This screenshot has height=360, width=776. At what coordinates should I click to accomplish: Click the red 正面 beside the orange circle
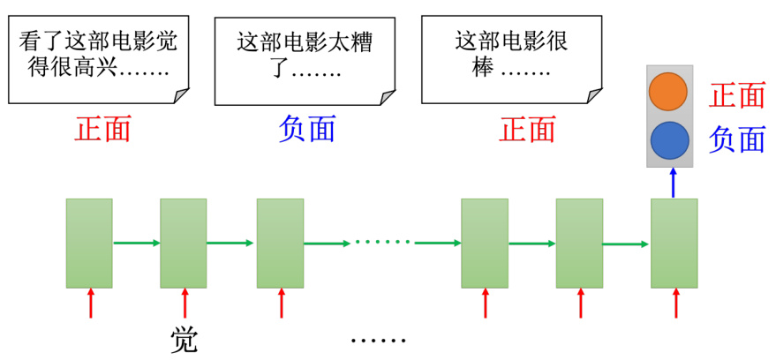(x=737, y=94)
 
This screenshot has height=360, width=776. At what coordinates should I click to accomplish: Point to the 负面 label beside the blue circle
(x=737, y=139)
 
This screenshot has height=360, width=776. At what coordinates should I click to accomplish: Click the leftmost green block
(x=89, y=244)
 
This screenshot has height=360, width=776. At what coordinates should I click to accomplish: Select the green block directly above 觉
(x=183, y=244)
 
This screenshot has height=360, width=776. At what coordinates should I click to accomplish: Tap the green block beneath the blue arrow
(x=674, y=244)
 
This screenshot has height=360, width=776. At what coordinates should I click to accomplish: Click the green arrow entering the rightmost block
(x=626, y=244)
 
